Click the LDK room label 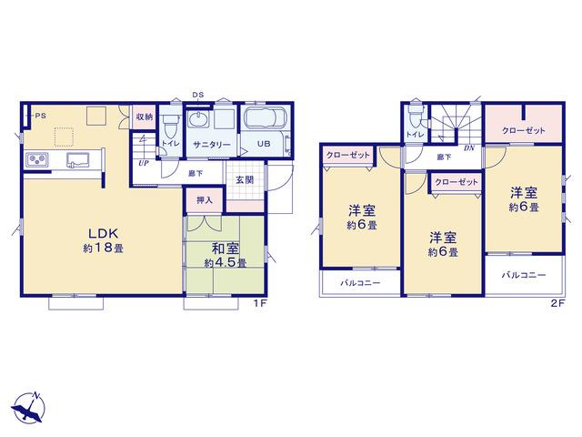[x=103, y=233]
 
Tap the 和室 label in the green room [x=226, y=249]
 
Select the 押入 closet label [x=205, y=200]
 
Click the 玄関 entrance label [x=245, y=180]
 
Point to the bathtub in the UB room [x=266, y=118]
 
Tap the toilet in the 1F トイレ [x=171, y=126]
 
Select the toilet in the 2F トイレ [x=416, y=116]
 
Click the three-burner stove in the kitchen [x=37, y=159]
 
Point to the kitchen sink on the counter [x=78, y=159]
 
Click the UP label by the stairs [x=144, y=163]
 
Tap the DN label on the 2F [x=469, y=147]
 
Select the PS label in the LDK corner [x=41, y=116]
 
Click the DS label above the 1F [x=198, y=95]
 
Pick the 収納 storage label [x=145, y=117]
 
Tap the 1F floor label [x=260, y=303]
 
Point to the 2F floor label [x=557, y=303]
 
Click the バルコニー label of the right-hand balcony [x=524, y=275]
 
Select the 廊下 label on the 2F [x=444, y=158]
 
